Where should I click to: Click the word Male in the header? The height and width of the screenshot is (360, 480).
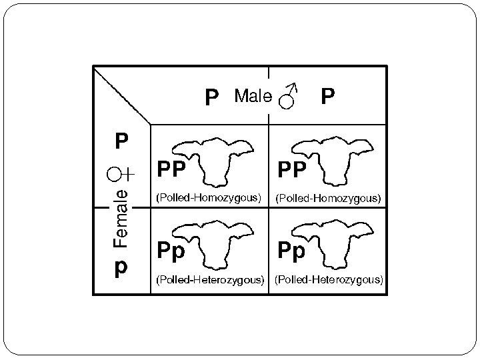click(x=253, y=97)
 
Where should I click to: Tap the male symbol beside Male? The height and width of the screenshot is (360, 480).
click(x=288, y=97)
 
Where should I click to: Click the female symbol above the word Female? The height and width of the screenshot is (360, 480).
click(x=121, y=175)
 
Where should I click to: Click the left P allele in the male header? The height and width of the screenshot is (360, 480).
click(x=211, y=99)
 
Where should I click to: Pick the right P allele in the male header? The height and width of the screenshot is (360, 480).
click(x=327, y=98)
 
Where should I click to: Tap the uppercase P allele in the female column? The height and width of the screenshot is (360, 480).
click(x=121, y=142)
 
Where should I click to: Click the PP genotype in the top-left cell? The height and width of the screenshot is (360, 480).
click(x=171, y=171)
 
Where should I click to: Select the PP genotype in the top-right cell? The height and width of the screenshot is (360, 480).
click(x=292, y=171)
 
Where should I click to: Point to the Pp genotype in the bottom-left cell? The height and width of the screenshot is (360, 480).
click(x=171, y=251)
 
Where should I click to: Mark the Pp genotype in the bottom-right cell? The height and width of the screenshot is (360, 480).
click(x=292, y=251)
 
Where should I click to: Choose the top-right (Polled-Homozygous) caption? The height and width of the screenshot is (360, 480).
click(x=329, y=198)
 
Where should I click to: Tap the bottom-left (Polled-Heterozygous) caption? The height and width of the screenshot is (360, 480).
click(x=209, y=279)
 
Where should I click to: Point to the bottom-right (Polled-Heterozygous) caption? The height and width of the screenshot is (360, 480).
click(x=329, y=279)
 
